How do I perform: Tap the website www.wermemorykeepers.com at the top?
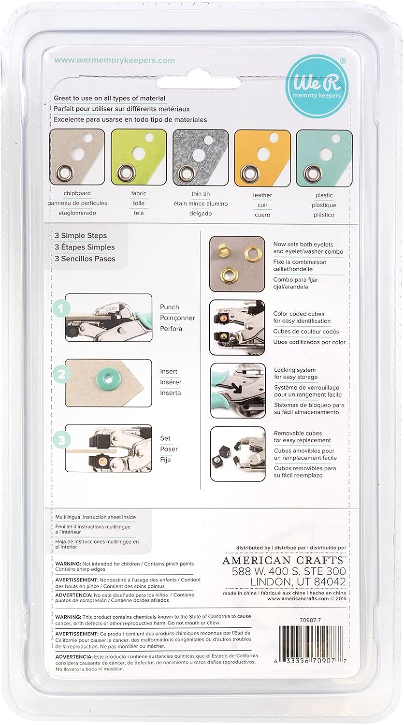pyautogui.click(x=114, y=61)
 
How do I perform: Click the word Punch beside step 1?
pyautogui.click(x=169, y=307)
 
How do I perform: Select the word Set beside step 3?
pyautogui.click(x=165, y=438)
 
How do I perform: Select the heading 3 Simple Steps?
pyautogui.click(x=81, y=236)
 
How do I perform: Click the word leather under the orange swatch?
pyautogui.click(x=262, y=195)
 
